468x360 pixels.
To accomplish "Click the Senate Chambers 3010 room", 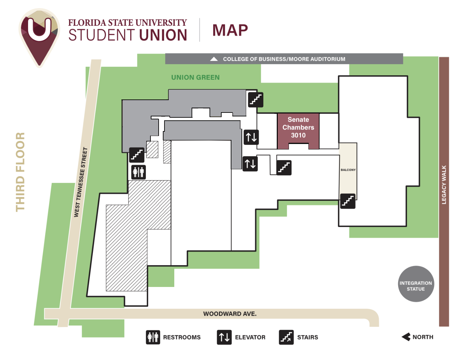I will tap(298, 128).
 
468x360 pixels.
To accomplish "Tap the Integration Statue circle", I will tap(416, 284).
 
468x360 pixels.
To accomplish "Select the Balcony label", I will tap(348, 170).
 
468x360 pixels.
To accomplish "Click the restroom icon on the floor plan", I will tap(138, 172).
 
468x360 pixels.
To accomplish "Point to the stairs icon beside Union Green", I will tap(256, 100).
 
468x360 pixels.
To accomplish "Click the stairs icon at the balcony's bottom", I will tap(348, 201).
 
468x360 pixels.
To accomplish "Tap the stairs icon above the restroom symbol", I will tap(137, 155).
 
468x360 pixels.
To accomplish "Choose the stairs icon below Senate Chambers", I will tap(284, 168).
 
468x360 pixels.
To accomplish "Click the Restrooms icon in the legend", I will tap(153, 337).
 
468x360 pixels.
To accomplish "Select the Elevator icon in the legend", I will tap(224, 337).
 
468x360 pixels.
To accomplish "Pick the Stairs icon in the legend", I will tap(286, 337).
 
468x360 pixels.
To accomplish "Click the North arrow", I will tap(406, 337).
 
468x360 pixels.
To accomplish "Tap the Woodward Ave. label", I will tap(230, 314).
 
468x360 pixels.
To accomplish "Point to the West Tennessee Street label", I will tap(81, 182).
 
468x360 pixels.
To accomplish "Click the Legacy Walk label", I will tap(444, 185).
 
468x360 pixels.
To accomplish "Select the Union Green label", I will tap(195, 78).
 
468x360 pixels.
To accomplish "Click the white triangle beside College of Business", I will tap(214, 59).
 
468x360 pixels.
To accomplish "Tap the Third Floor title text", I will tap(20, 172).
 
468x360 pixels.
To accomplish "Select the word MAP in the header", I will tap(230, 30).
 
